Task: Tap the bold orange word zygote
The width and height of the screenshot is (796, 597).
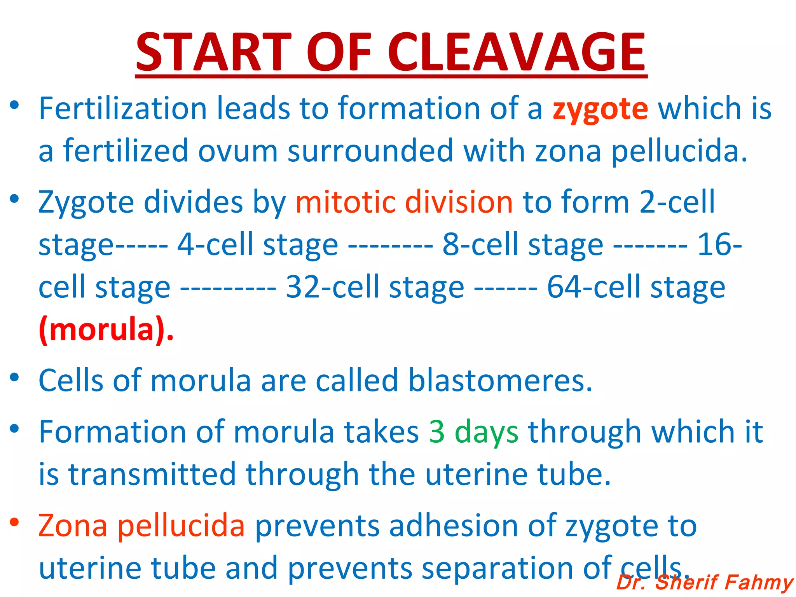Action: click(x=600, y=109)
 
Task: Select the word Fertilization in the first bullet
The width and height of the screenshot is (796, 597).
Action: click(x=123, y=108)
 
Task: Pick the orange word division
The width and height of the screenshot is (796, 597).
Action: click(x=459, y=202)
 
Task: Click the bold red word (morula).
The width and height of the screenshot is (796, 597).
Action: click(x=106, y=330)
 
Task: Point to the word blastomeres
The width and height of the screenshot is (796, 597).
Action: click(x=500, y=381)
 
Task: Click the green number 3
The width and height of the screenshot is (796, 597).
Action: click(x=437, y=432)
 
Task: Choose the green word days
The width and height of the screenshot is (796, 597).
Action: click(x=486, y=433)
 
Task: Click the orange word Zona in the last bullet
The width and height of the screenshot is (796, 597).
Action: click(x=73, y=526)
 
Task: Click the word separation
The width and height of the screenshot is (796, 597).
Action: click(x=497, y=569)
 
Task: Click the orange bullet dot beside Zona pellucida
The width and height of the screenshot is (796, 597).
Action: click(x=14, y=522)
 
